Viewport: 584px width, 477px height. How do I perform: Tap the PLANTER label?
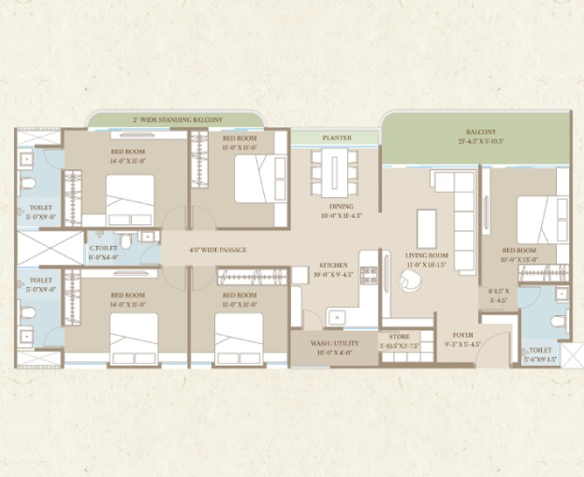(337, 137)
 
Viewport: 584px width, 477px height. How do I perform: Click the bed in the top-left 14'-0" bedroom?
(129, 199)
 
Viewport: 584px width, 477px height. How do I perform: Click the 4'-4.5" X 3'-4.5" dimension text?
(497, 296)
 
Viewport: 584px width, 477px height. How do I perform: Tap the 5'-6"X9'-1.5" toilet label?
(541, 354)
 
